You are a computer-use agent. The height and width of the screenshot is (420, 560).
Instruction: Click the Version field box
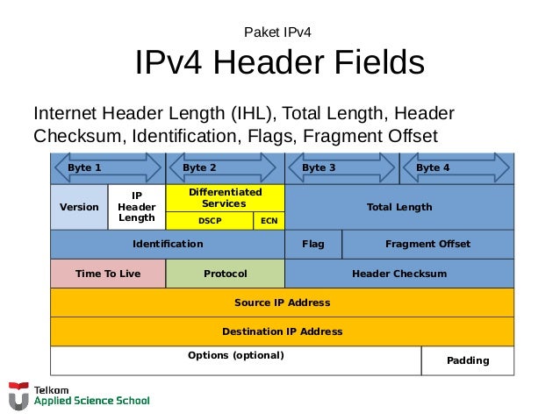[x=79, y=207]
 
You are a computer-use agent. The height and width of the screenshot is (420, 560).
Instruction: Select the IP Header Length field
[x=137, y=207]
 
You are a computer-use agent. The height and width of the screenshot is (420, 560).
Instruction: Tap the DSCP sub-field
[x=210, y=221]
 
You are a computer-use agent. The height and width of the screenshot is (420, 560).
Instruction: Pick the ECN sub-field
[x=269, y=221]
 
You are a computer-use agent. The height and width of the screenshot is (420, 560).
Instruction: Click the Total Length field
[x=399, y=207]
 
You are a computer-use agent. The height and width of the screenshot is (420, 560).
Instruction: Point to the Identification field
[x=167, y=244]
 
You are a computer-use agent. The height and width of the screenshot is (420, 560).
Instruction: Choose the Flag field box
[x=312, y=244]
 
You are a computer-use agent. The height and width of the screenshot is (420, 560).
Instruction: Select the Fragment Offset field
[x=427, y=244]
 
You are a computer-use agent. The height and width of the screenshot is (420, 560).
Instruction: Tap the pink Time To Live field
[x=108, y=274]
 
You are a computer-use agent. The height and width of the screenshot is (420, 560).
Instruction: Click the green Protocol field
[x=226, y=274]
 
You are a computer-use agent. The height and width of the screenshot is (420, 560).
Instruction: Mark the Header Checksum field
[x=399, y=274]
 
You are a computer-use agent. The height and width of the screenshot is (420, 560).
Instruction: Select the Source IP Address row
[x=282, y=303]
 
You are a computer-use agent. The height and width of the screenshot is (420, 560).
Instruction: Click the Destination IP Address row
[x=282, y=331]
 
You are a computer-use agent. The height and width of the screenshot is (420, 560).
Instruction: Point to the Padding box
[x=468, y=360]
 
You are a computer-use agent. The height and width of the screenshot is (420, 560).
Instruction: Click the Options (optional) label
[x=236, y=355]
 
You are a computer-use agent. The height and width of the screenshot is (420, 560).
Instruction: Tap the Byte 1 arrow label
[x=85, y=167]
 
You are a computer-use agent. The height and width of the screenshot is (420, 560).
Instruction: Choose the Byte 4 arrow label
[x=433, y=167]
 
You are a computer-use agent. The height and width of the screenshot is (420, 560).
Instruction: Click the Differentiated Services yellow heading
[x=225, y=197]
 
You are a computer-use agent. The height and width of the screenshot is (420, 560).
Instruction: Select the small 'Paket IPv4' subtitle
[x=279, y=33]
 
